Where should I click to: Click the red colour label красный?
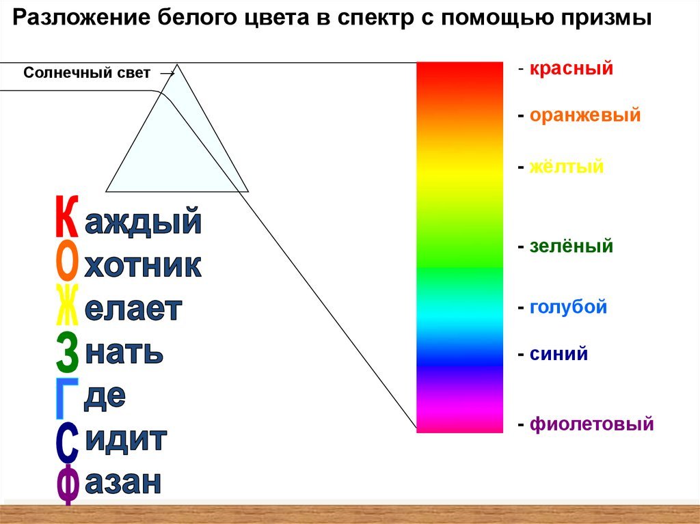click(571, 69)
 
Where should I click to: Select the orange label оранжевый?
click(585, 115)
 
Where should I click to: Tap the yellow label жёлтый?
click(566, 167)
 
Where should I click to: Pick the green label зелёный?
click(571, 246)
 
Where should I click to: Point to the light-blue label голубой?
click(568, 307)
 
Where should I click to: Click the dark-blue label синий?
click(558, 354)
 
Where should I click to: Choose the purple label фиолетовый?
click(591, 424)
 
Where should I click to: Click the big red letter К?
click(67, 217)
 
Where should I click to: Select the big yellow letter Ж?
click(67, 305)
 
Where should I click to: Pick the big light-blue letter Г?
click(68, 398)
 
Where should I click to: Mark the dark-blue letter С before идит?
click(68, 443)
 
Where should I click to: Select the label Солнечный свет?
click(87, 72)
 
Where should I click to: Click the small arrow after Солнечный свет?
click(167, 74)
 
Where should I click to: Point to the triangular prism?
click(177, 148)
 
